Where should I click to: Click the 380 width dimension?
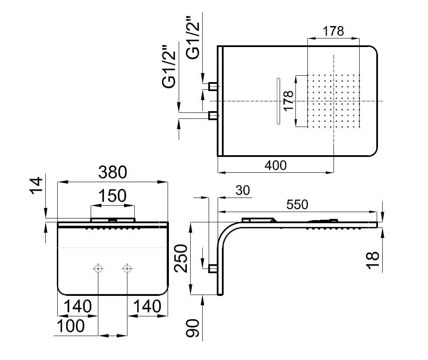tap(113, 172)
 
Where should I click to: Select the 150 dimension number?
tap(112, 196)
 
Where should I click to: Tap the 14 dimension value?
tap(36, 186)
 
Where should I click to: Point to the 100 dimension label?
tap(71, 326)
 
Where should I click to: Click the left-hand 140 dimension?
tap(77, 306)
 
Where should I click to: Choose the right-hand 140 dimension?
tap(147, 306)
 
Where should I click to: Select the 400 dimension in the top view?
tap(276, 165)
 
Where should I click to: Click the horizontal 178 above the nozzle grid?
tap(333, 31)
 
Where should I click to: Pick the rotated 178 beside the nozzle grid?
tap(289, 101)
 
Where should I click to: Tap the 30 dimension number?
tap(243, 191)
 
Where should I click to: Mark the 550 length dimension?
tap(297, 204)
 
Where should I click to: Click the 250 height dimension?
tap(181, 258)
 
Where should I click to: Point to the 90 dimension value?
tap(193, 328)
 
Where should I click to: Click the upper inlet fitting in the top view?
tap(213, 86)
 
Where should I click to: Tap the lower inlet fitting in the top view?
tap(213, 116)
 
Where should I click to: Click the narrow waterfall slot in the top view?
tap(278, 101)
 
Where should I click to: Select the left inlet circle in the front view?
tap(98, 269)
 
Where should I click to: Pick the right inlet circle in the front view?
tap(127, 269)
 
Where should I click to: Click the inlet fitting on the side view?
tap(213, 269)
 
